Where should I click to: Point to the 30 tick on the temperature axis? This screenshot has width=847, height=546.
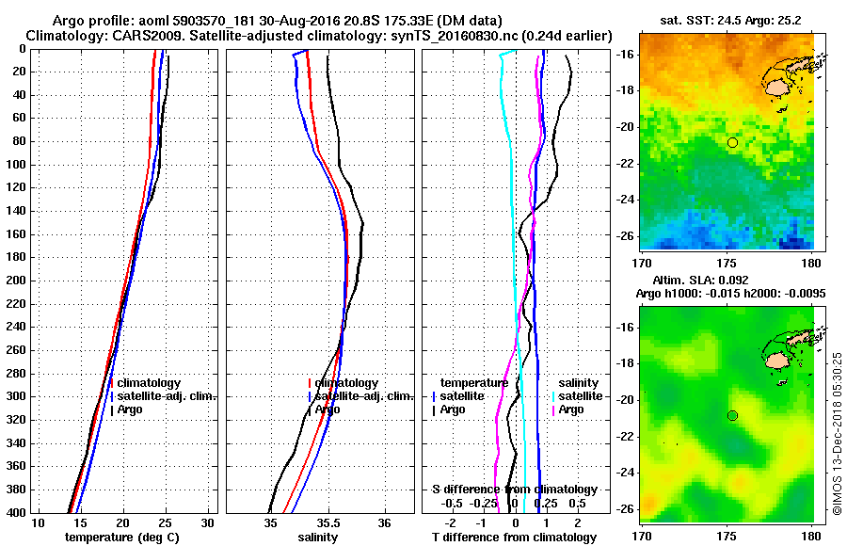tap(208, 522)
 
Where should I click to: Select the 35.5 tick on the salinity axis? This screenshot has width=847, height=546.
tap(328, 522)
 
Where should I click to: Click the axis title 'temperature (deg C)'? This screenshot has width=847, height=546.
tap(121, 538)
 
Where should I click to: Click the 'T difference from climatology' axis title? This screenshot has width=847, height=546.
tap(514, 538)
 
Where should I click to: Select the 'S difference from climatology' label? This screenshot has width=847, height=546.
tap(514, 490)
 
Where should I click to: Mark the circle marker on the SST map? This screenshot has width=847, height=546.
tap(732, 142)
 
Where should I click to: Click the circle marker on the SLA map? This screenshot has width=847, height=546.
tap(732, 415)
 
